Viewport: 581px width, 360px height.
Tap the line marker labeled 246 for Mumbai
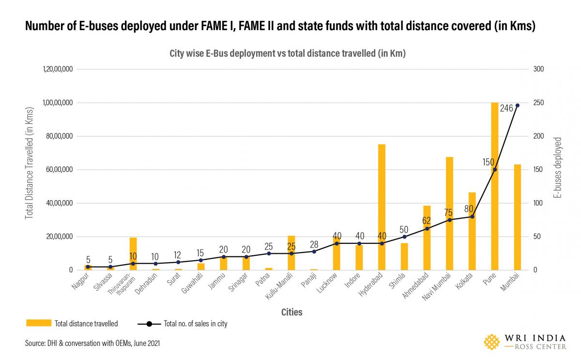517,105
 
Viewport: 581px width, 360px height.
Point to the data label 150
488,162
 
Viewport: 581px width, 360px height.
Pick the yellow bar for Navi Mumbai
449,213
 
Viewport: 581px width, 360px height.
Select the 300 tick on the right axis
538,69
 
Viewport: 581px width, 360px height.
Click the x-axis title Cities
291,313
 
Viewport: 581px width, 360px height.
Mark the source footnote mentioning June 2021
92,343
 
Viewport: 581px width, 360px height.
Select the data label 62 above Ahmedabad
427,221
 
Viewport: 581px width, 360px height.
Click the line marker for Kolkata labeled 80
472,217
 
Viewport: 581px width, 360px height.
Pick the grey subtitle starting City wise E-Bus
287,54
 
